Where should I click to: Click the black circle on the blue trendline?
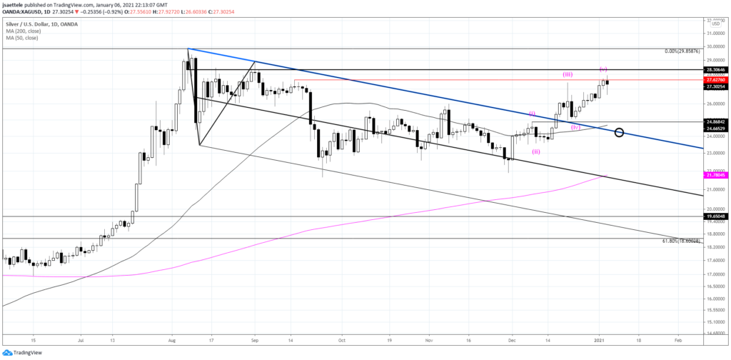pyautogui.click(x=619, y=132)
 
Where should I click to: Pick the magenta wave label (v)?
pyautogui.click(x=603, y=69)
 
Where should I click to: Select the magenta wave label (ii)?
pyautogui.click(x=535, y=151)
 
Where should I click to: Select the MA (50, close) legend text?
pyautogui.click(x=27, y=29)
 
